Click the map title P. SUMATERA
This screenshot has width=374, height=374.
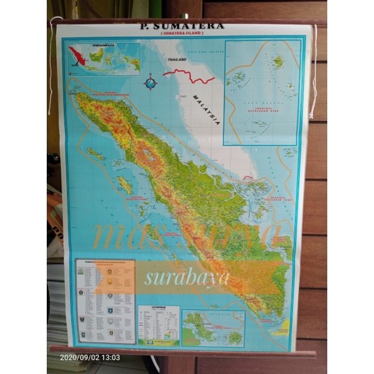pos(180,27)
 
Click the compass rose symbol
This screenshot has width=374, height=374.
pos(150,82)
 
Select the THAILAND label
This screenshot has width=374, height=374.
pos(176,60)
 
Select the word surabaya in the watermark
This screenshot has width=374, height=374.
pos(187,277)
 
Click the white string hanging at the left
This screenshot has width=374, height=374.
pos(50,69)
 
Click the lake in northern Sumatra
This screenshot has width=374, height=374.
pos(148,155)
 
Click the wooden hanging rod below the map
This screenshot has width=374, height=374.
pos(181,351)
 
